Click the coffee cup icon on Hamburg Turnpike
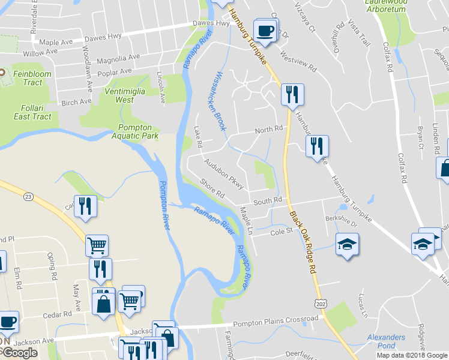pyautogui.click(x=265, y=29)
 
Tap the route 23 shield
pyautogui.click(x=28, y=196)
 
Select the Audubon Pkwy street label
pyautogui.click(x=223, y=173)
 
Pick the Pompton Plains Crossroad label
pyautogui.click(x=276, y=321)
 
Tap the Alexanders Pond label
pyautogui.click(x=386, y=341)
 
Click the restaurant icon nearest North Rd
pyautogui.click(x=292, y=95)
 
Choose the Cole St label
pyautogui.click(x=280, y=232)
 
